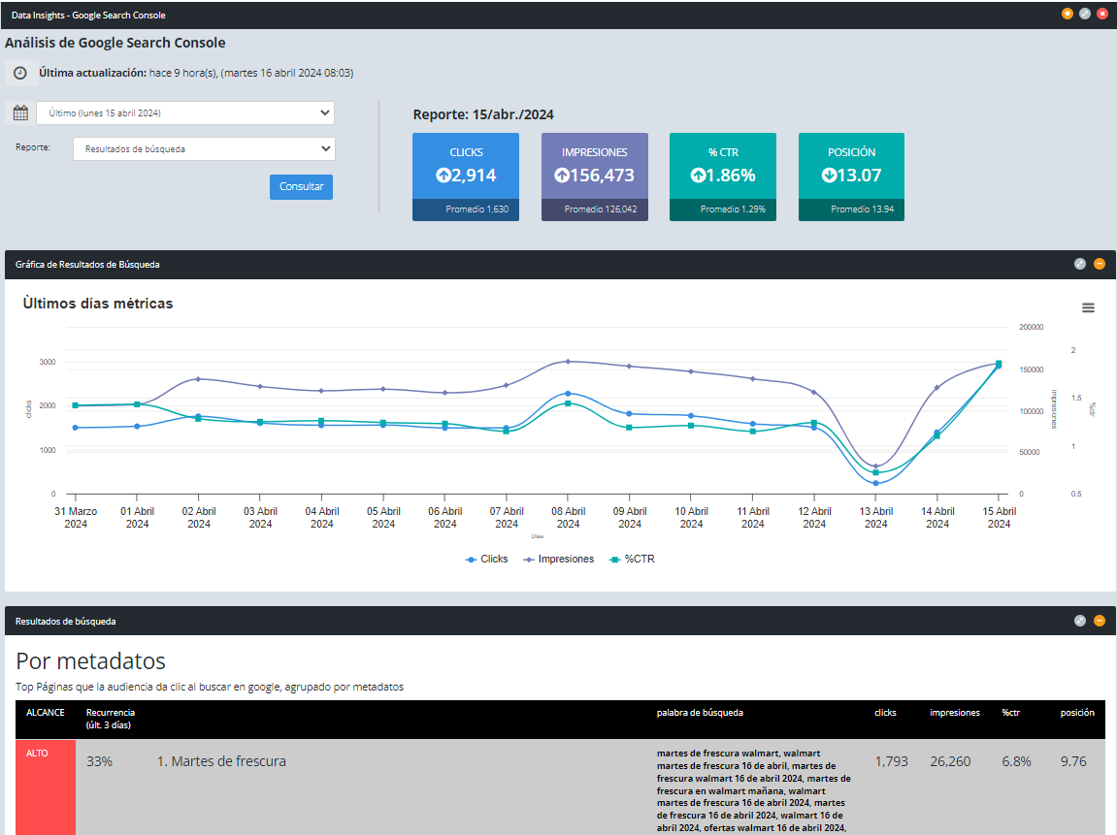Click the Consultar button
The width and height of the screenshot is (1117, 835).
[301, 186]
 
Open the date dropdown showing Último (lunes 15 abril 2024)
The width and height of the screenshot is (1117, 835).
[184, 112]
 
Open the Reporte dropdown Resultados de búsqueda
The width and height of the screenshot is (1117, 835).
[204, 149]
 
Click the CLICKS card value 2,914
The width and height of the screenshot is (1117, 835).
[466, 176]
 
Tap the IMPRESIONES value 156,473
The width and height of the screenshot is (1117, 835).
[594, 176]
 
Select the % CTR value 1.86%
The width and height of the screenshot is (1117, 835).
[723, 176]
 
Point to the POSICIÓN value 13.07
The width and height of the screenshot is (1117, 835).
[851, 176]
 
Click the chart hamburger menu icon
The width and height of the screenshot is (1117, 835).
[1088, 307]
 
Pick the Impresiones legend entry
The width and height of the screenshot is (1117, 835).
[559, 559]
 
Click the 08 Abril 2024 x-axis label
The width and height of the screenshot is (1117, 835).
[568, 518]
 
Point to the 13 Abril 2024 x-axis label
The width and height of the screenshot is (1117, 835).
[875, 518]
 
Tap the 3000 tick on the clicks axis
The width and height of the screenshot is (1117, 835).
[47, 362]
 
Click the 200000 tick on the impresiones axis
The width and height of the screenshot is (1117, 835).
[1031, 328]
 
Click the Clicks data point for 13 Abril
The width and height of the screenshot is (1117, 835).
[875, 483]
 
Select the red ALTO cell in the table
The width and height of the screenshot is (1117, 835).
[46, 786]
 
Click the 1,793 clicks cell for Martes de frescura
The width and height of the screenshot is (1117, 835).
[891, 761]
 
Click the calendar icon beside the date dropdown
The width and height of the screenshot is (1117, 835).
[20, 113]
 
